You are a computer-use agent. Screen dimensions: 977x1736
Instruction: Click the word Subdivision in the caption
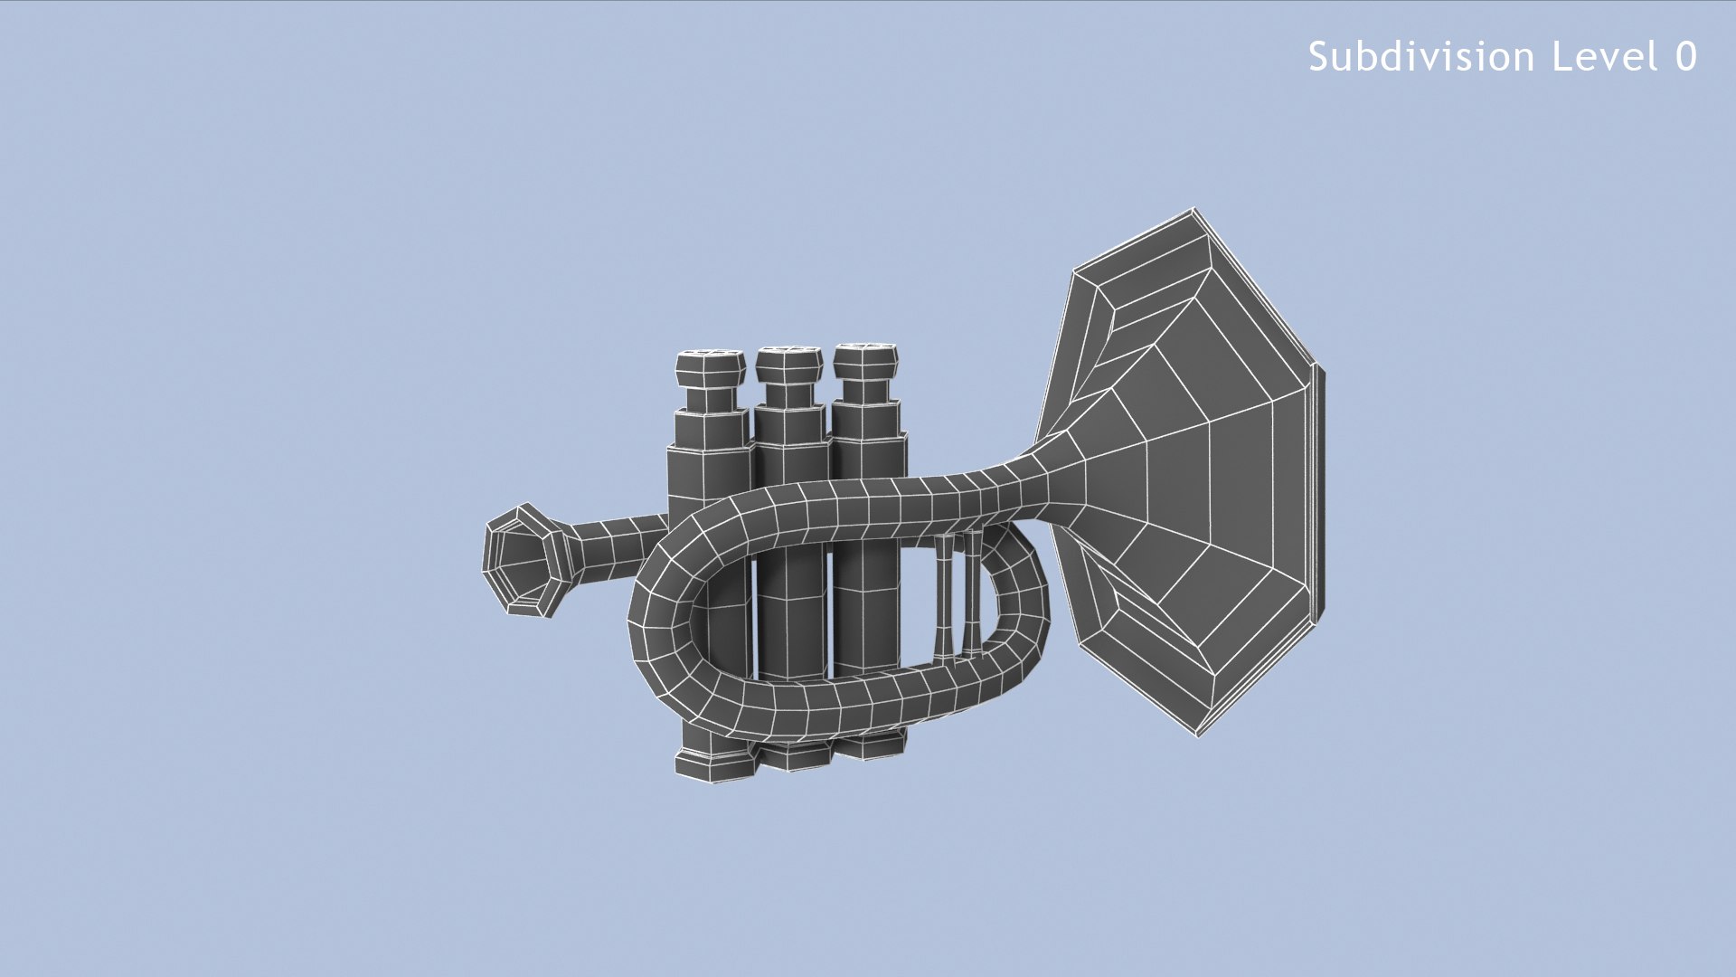[x=1421, y=57]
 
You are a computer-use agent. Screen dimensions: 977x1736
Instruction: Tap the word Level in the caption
[x=1605, y=57]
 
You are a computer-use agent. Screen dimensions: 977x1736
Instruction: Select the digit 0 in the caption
[x=1685, y=57]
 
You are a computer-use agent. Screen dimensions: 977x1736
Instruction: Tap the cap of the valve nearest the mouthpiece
[x=711, y=367]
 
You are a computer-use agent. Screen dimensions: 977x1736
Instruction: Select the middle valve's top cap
[x=789, y=364]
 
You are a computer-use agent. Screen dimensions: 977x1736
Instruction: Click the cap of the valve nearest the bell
[x=865, y=361]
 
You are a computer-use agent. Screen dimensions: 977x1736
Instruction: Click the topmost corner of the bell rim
[x=1193, y=210]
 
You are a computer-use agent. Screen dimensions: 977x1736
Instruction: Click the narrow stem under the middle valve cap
[x=789, y=395]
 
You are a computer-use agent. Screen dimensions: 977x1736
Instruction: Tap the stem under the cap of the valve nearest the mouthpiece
[x=711, y=399]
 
